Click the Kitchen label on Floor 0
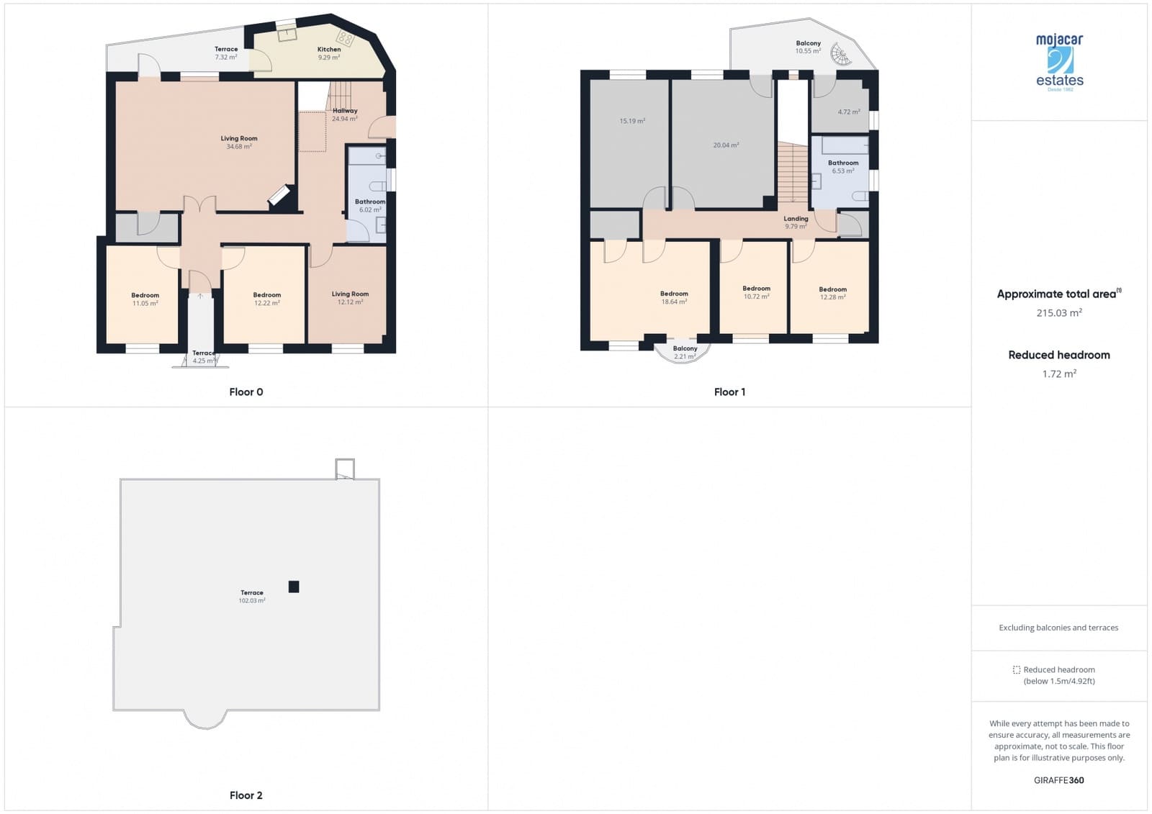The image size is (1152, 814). click(329, 53)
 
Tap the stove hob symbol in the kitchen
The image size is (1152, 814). click(346, 38)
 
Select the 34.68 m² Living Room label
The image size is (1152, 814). click(239, 143)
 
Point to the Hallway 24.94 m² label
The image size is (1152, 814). click(345, 114)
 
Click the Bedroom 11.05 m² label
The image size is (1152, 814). click(145, 299)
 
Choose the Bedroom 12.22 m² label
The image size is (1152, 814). click(266, 299)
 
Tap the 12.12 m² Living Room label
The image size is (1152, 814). click(350, 298)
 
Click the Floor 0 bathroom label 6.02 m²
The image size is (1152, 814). click(370, 206)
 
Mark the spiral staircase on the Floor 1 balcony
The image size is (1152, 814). click(840, 54)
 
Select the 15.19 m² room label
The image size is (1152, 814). click(632, 121)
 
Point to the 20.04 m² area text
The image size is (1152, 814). click(726, 145)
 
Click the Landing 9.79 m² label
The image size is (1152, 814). click(796, 222)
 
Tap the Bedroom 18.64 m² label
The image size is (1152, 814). click(674, 298)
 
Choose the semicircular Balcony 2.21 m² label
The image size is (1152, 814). click(685, 353)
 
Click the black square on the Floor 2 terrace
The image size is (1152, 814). click(294, 587)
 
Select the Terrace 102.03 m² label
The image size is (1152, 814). click(252, 597)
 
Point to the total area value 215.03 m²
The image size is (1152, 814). click(1059, 313)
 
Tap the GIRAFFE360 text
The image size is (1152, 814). click(1058, 780)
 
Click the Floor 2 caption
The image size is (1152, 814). click(246, 795)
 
